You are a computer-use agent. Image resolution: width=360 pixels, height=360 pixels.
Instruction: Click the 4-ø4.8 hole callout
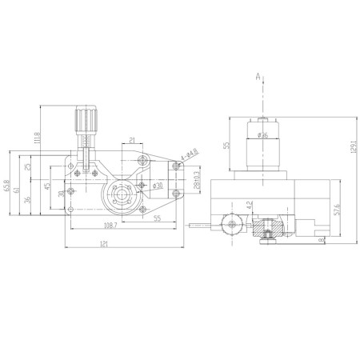(188, 154)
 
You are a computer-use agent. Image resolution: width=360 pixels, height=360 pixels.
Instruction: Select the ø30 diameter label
(157, 186)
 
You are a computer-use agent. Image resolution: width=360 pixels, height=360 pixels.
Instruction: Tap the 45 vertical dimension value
(47, 188)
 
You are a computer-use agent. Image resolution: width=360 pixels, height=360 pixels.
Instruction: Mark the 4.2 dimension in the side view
(250, 205)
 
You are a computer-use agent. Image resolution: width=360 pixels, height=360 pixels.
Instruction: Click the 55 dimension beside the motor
(226, 146)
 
